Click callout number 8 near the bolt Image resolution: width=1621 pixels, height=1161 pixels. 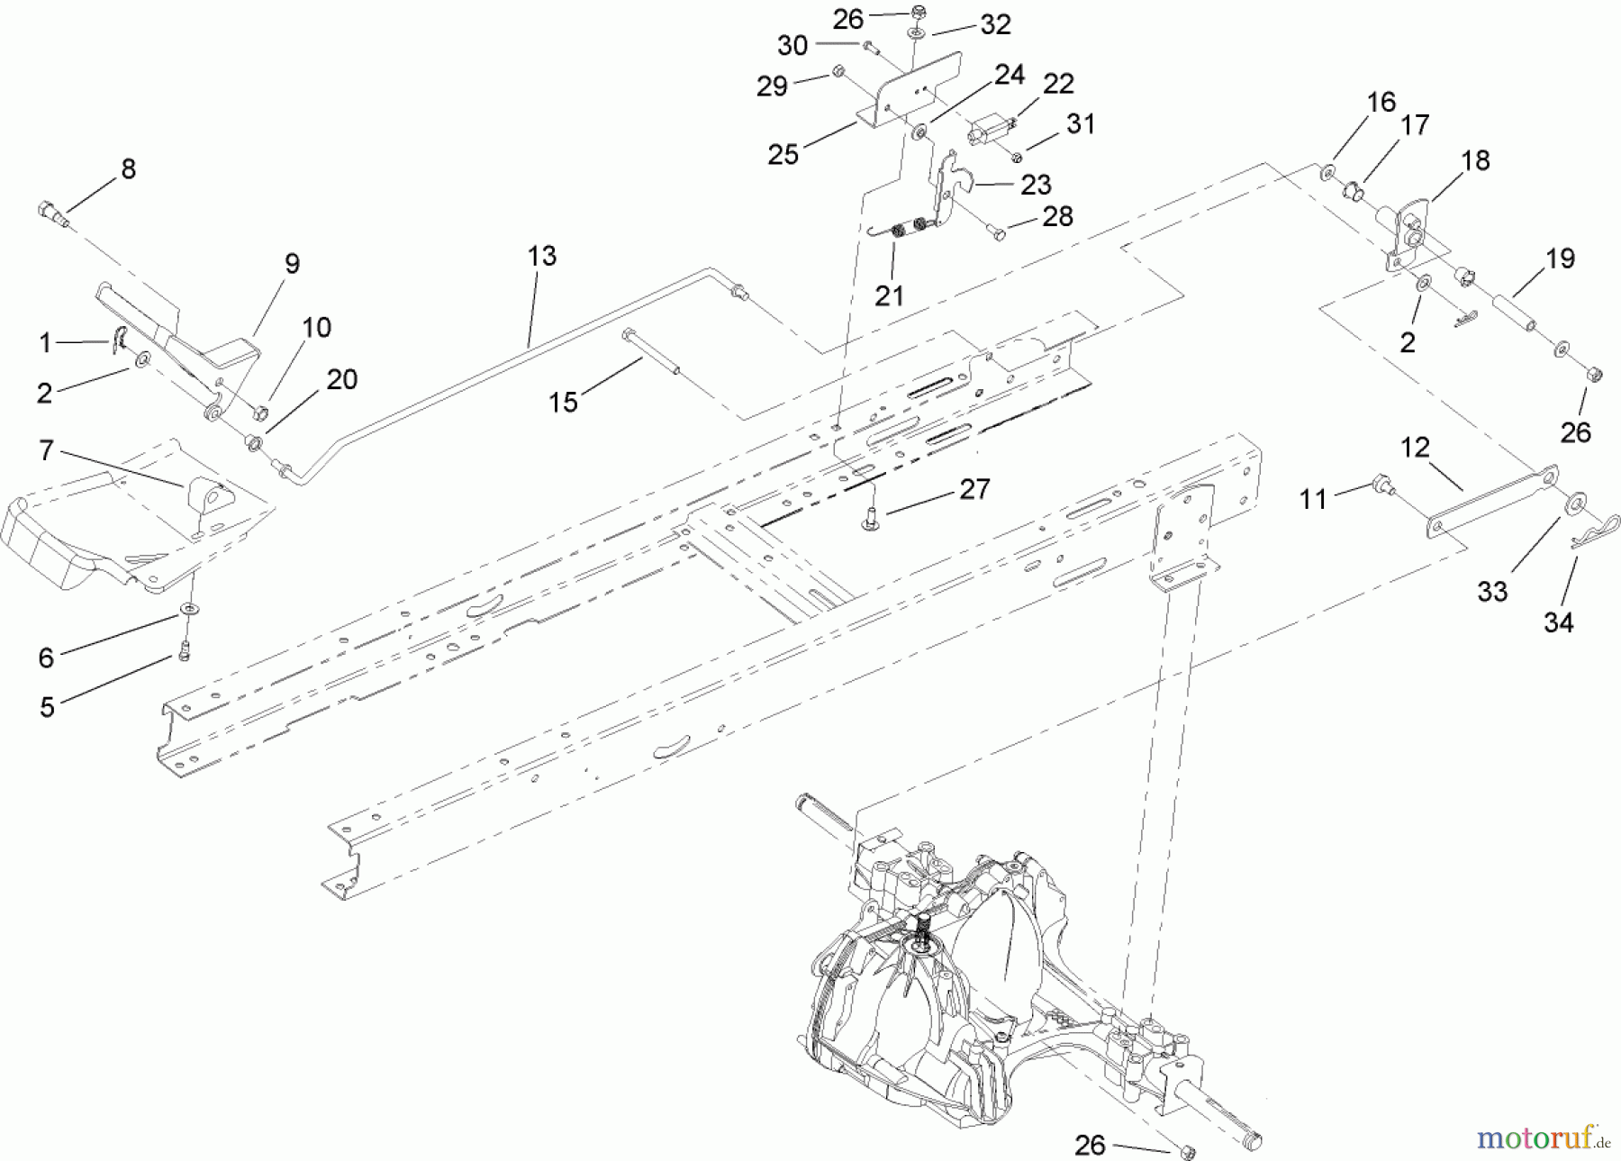[128, 168]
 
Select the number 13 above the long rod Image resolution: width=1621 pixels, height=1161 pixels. [541, 256]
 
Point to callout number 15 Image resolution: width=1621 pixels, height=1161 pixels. [563, 402]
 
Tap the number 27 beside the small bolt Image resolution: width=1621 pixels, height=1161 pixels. [974, 489]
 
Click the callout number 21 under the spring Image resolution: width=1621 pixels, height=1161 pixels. [889, 295]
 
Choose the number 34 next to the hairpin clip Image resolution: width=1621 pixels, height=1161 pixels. [1558, 622]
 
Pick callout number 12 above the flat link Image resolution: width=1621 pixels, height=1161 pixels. [1415, 447]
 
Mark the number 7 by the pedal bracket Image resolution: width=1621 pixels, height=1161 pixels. [46, 449]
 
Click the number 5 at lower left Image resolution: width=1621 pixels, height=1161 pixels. [47, 707]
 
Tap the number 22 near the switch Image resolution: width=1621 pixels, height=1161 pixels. [1058, 84]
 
